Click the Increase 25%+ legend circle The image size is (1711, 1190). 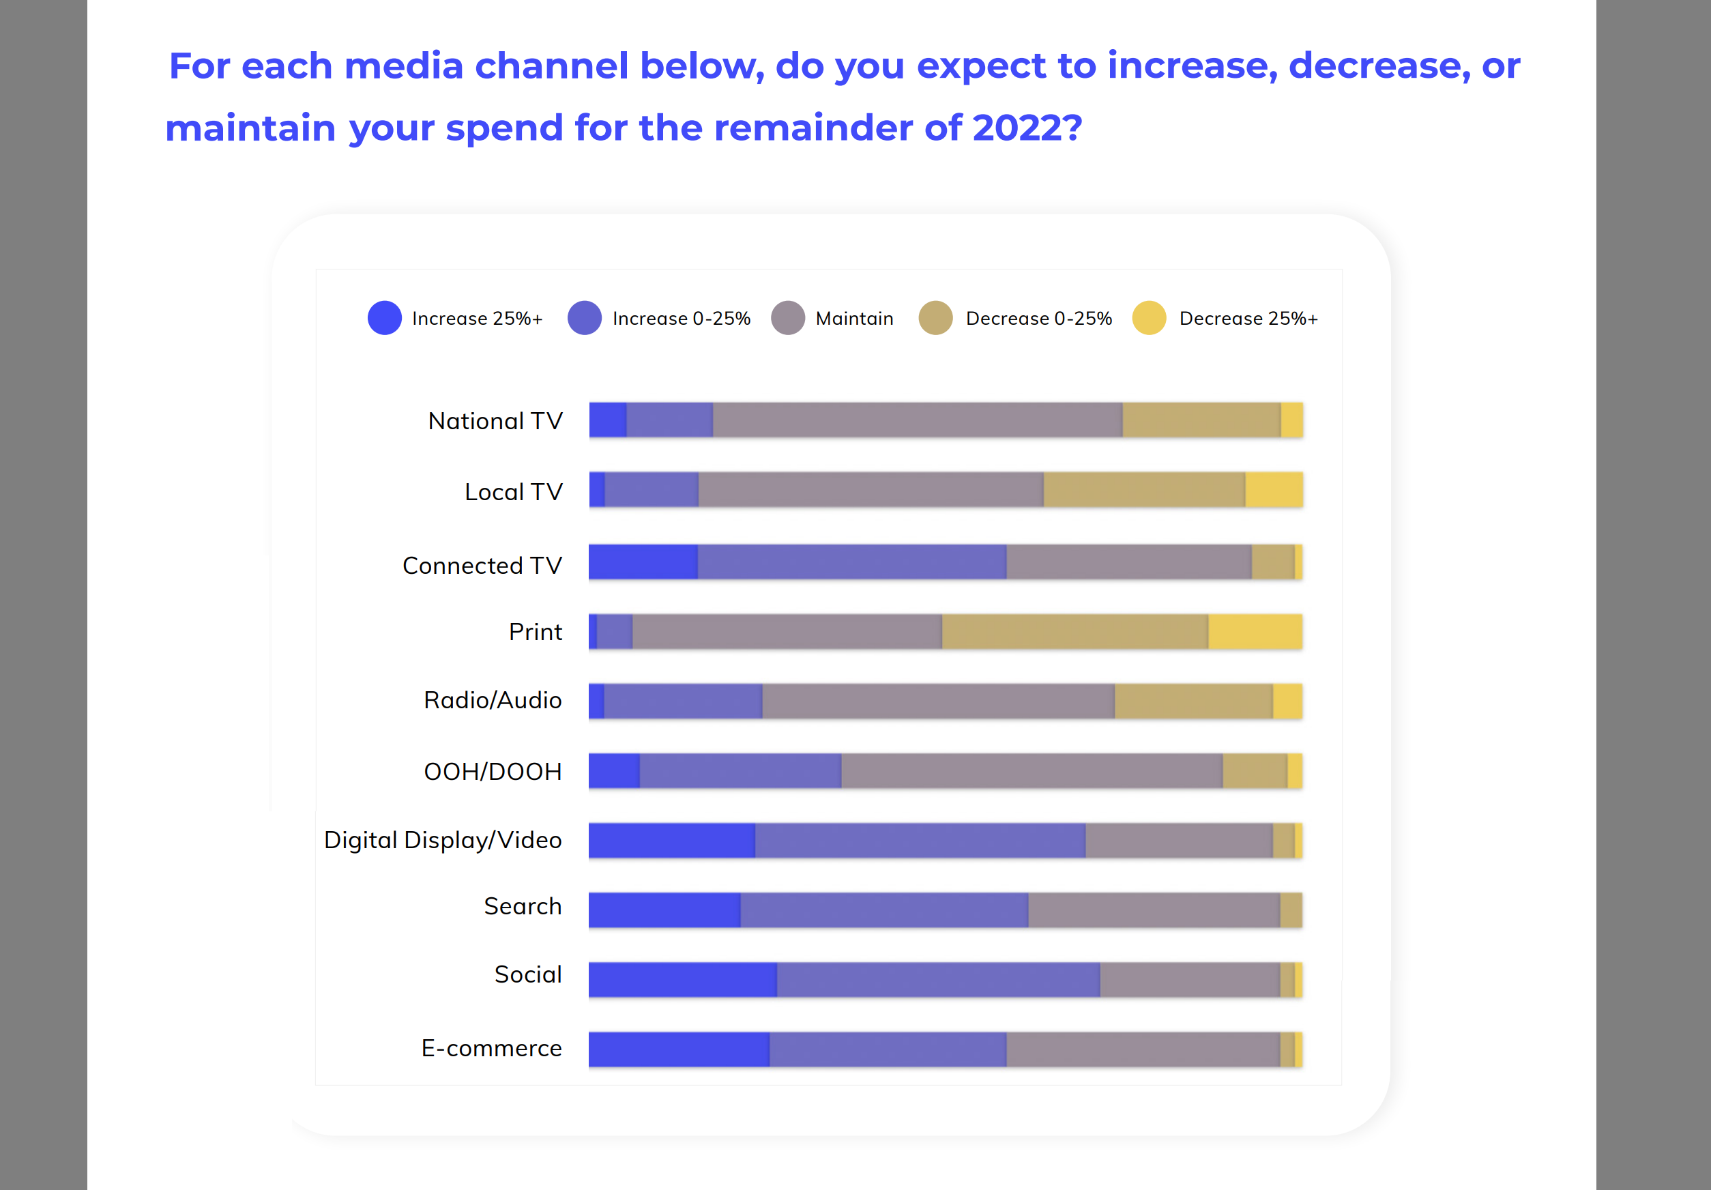pyautogui.click(x=385, y=318)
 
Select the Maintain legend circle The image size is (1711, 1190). pyautogui.click(x=788, y=318)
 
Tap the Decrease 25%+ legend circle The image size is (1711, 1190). pyautogui.click(x=1148, y=318)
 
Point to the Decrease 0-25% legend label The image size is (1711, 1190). pyautogui.click(x=1038, y=319)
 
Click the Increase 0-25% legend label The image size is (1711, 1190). pyautogui.click(x=681, y=319)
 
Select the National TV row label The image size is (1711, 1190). pyautogui.click(x=495, y=421)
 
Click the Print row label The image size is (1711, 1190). pyautogui.click(x=535, y=632)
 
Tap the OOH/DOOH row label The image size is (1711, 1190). pyautogui.click(x=493, y=771)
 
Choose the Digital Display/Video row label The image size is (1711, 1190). pyautogui.click(x=443, y=840)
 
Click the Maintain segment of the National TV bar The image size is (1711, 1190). pyautogui.click(x=917, y=420)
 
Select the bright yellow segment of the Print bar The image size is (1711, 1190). pyautogui.click(x=1255, y=632)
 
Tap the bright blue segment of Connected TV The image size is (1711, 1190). pyautogui.click(x=643, y=562)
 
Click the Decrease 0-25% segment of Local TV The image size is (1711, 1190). pyautogui.click(x=1144, y=489)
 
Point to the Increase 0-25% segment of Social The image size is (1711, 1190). pyautogui.click(x=937, y=979)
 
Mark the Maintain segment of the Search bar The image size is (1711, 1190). pyautogui.click(x=1154, y=910)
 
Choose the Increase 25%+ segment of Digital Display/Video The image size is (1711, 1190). pyautogui.click(x=671, y=841)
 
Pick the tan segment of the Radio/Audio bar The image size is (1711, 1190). pyautogui.click(x=1193, y=701)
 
